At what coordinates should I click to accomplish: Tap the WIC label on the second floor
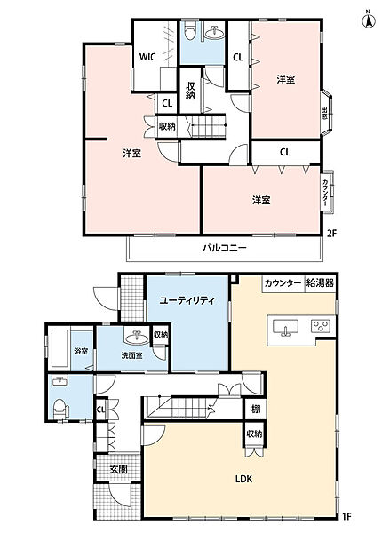[148, 57]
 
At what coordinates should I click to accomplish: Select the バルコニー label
[224, 248]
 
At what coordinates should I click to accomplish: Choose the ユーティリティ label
[187, 301]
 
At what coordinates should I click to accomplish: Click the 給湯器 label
[319, 283]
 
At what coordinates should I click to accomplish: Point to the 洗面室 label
[132, 355]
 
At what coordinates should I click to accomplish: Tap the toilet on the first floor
[60, 408]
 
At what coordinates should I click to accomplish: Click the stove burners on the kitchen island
[319, 328]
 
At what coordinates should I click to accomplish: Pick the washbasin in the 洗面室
[136, 338]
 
